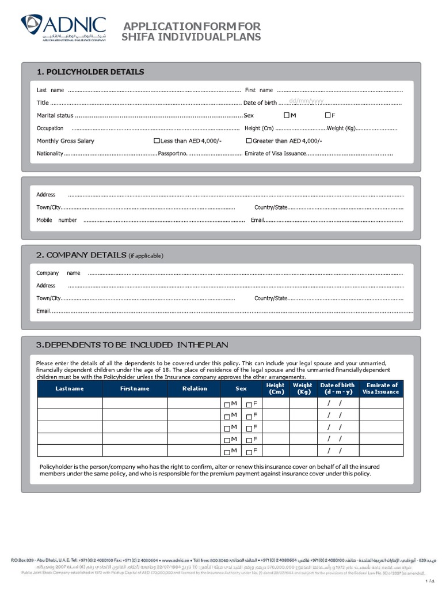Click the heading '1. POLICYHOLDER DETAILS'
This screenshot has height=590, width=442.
pos(90,72)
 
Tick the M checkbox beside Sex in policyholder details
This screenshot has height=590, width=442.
pos(287,116)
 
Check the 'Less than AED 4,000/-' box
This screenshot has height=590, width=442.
pos(157,141)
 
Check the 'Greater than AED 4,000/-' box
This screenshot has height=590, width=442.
pos(249,141)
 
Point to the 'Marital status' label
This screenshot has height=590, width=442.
pos(55,115)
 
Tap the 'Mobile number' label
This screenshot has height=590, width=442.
pos(56,220)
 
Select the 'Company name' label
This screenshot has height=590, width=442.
pos(58,273)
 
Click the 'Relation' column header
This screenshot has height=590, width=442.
pos(195,388)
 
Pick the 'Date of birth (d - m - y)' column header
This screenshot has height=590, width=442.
pos(337,388)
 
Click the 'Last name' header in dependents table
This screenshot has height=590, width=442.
pos(70,388)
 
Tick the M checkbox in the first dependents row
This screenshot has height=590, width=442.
pos(227,404)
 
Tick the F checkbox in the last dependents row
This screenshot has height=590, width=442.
pos(249,451)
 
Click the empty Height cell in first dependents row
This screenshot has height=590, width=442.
pos(275,403)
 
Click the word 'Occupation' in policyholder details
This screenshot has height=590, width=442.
pos(50,128)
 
